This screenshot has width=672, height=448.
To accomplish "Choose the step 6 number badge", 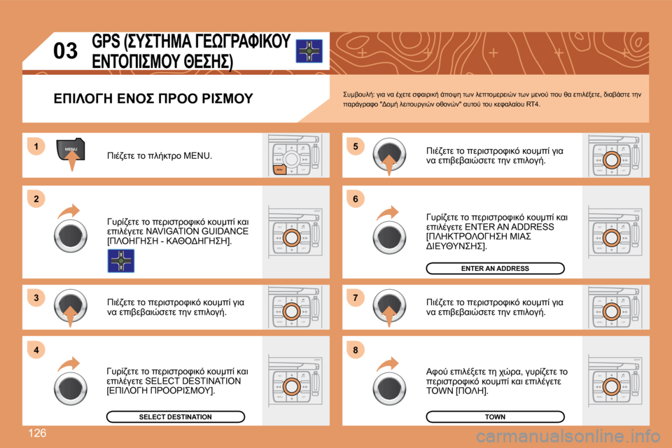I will click(355, 199).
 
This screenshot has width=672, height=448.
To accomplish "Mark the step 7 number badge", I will click(355, 299).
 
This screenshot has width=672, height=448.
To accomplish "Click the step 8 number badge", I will click(355, 349).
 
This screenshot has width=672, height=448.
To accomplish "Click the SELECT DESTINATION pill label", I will click(175, 416).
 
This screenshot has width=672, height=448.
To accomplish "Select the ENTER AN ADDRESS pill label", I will click(495, 268).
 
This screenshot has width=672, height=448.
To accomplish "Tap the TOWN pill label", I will click(495, 416).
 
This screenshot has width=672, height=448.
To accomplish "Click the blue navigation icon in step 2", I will click(120, 260).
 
